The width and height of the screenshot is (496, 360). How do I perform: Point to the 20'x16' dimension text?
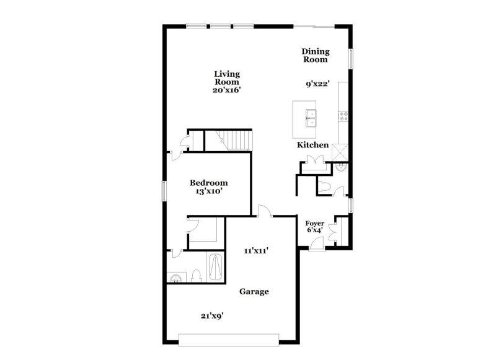[x=227, y=90]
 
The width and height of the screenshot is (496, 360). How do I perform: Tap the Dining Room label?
[x=315, y=56]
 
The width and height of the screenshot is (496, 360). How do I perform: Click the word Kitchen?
[x=312, y=145]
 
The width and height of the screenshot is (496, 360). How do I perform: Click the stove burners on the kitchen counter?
[x=343, y=115]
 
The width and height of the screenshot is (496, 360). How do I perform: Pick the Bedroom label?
[x=208, y=183]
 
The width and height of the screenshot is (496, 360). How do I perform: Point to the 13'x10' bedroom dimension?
[x=208, y=191]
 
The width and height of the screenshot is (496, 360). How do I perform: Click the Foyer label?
[x=315, y=223]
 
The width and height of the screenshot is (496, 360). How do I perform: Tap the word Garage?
[x=254, y=291]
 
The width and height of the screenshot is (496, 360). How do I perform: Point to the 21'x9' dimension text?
[x=211, y=315]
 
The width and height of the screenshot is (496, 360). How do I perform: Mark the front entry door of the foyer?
[x=316, y=247]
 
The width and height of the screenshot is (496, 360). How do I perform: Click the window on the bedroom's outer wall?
[x=164, y=191]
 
